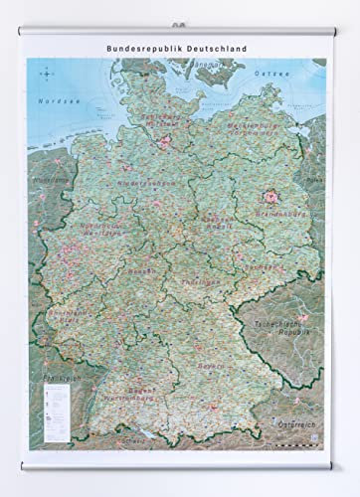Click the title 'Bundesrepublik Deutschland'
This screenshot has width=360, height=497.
tap(179, 47)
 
